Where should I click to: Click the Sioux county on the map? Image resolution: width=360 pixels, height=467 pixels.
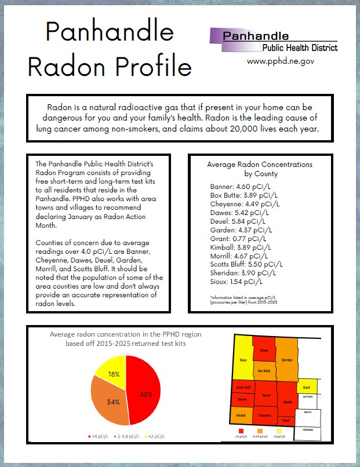[x=243, y=360]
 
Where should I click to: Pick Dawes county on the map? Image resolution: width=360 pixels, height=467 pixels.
[x=264, y=351]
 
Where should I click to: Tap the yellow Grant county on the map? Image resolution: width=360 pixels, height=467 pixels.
[x=305, y=386]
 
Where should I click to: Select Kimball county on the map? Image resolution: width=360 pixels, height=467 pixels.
[x=241, y=415]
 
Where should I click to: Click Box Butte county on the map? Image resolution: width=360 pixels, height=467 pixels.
[x=264, y=370]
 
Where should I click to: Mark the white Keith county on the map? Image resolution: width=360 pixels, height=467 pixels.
[x=308, y=412]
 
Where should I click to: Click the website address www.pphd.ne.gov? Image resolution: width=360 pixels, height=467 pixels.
[x=281, y=61]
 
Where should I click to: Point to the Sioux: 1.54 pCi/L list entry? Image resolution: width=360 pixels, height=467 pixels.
[x=237, y=281]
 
